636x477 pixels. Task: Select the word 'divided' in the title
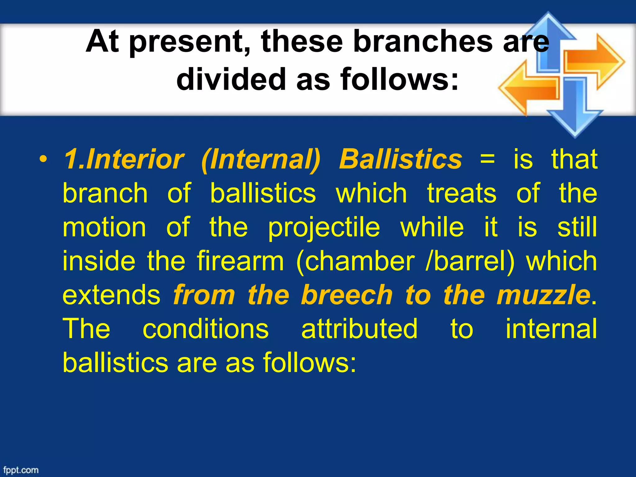231,79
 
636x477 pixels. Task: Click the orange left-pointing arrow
528,88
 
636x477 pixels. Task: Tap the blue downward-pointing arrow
575,112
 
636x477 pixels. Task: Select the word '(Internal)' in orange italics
261,160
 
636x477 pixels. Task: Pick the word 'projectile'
324,228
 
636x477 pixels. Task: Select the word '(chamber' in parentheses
356,262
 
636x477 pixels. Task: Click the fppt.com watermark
21,470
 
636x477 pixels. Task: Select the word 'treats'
462,193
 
